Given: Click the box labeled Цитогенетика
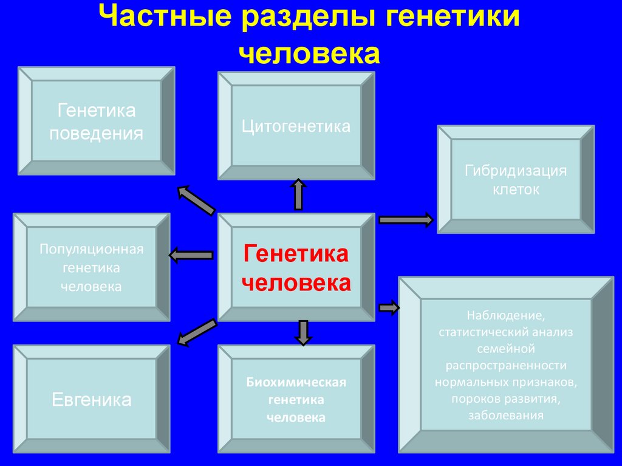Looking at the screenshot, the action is point(296,126).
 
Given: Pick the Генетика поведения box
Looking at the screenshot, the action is point(97,122).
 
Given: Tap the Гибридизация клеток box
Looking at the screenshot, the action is point(516,179).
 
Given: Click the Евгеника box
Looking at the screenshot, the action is point(92,399).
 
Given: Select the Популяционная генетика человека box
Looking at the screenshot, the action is point(92,268).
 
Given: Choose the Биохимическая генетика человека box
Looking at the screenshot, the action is point(296,399).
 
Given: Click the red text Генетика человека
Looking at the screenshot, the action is point(296,269).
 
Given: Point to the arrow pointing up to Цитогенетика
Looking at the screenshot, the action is point(298,194).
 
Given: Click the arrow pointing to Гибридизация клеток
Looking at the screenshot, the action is point(406,220).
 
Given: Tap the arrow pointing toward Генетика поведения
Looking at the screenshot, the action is point(196,200).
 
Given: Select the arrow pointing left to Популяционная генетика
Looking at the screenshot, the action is point(191,255).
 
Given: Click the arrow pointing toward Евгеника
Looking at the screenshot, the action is point(196,332).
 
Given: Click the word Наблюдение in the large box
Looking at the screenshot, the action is point(506,316).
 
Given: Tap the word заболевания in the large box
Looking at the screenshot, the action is point(505,416).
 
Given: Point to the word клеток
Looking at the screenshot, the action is point(516,190).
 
